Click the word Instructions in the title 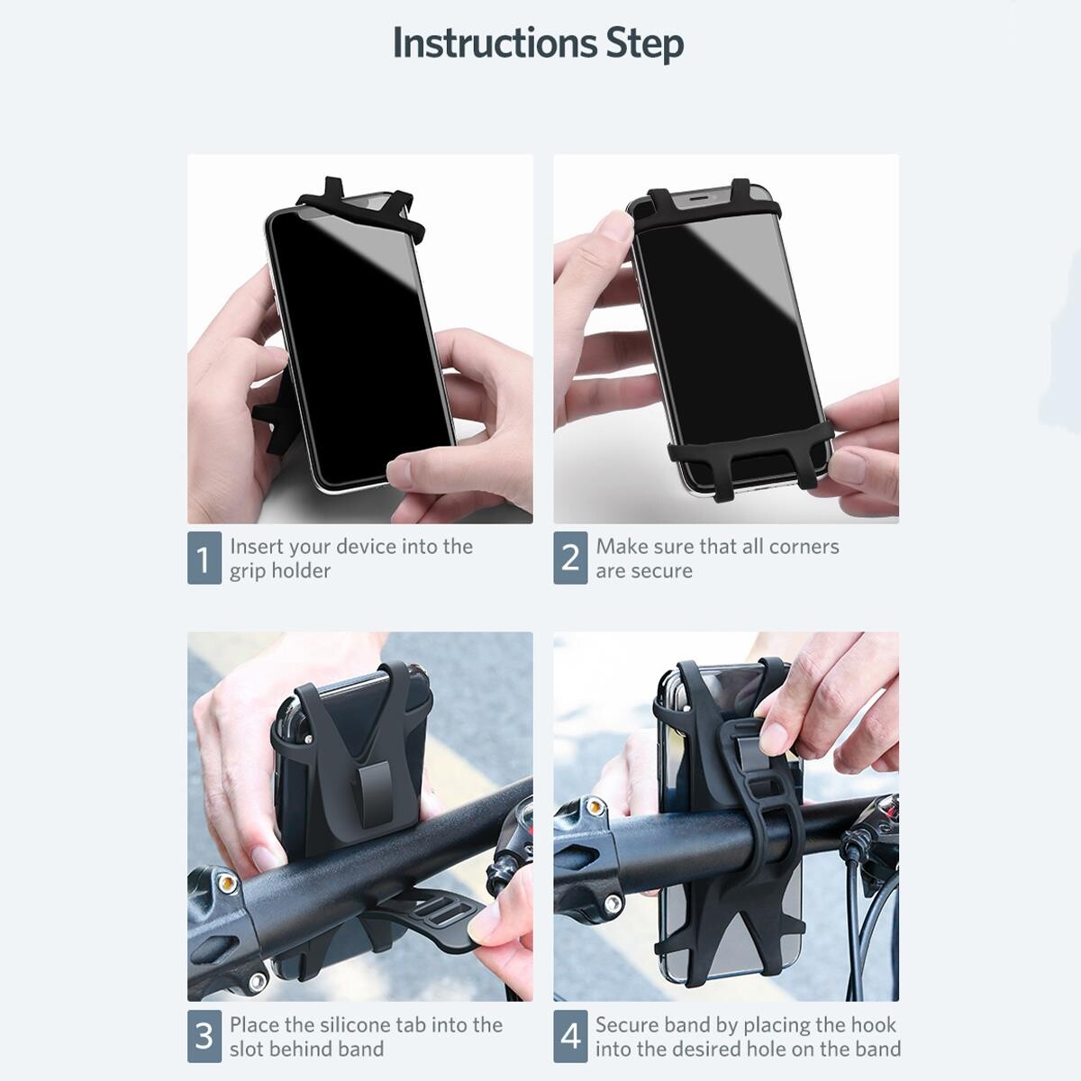[x=495, y=43]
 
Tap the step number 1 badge [x=204, y=558]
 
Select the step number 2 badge [x=570, y=558]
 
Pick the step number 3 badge [x=204, y=1036]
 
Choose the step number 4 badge [x=570, y=1036]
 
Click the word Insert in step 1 [x=252, y=546]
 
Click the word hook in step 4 [x=874, y=1024]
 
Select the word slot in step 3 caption [x=246, y=1049]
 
